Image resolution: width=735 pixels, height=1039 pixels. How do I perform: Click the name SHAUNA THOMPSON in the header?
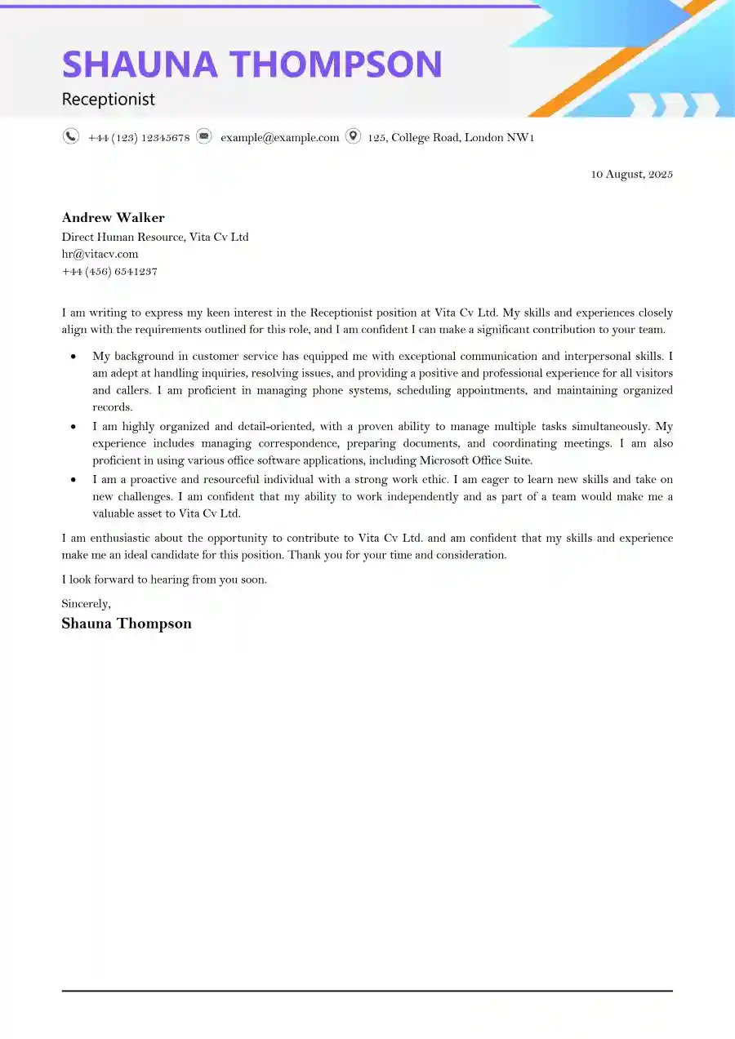[252, 64]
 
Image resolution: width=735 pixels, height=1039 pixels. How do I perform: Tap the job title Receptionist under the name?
[108, 100]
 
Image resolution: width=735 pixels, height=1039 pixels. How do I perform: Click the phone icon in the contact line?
[71, 136]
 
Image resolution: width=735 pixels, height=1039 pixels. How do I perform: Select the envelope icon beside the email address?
[204, 136]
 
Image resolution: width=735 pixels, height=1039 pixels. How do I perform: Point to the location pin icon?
[353, 136]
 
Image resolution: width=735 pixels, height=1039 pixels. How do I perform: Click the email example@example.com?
[279, 137]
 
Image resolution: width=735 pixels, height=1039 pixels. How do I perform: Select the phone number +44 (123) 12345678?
[139, 137]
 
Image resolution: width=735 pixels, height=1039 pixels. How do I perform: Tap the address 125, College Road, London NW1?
[451, 137]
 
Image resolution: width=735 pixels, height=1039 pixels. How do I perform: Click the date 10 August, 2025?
[631, 174]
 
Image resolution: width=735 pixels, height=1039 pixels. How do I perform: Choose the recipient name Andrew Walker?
[113, 217]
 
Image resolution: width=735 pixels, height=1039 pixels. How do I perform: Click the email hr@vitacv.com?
[100, 254]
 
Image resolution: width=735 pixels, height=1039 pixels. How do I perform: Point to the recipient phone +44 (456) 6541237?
[109, 271]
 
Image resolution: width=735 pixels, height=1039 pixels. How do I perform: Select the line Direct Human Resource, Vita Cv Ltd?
[155, 237]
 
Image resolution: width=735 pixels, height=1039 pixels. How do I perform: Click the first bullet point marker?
[74, 357]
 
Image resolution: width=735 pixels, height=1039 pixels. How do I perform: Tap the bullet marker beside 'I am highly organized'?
[74, 427]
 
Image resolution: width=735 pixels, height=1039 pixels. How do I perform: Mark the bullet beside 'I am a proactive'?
[74, 480]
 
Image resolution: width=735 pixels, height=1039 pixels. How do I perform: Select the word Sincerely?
[86, 603]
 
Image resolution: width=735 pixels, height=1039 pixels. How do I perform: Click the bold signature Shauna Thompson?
[127, 624]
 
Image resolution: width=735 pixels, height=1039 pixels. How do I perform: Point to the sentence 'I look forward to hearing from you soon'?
[164, 579]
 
